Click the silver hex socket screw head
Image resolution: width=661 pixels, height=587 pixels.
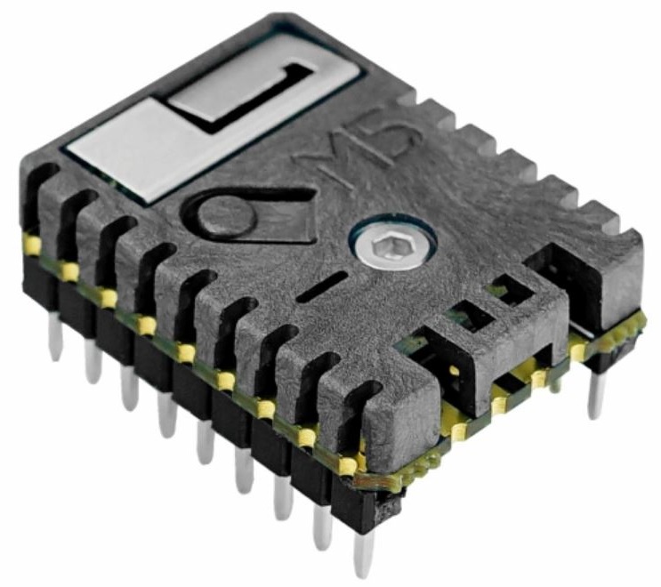(392, 244)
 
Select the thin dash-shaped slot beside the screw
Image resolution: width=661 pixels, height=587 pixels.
(322, 286)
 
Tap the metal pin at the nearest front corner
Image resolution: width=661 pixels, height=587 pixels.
(364, 552)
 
